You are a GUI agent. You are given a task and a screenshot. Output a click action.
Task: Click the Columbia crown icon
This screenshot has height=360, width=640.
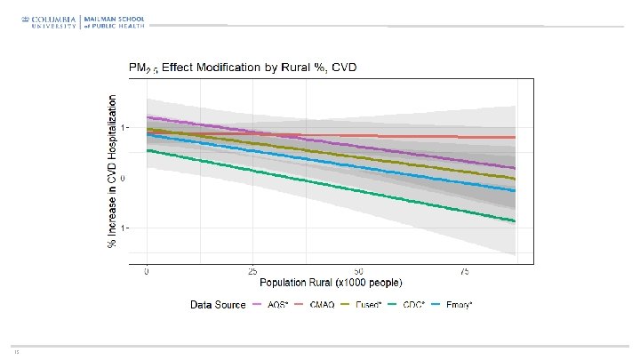click(x=28, y=18)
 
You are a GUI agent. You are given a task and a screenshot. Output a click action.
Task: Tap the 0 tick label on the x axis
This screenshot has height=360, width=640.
click(x=147, y=271)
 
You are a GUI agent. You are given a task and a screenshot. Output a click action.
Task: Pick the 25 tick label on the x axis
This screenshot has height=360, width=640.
click(x=252, y=271)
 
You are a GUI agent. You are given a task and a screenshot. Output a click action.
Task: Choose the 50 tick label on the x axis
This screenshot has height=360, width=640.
click(x=358, y=271)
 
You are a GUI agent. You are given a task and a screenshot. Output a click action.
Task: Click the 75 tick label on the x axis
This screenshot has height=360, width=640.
click(x=464, y=271)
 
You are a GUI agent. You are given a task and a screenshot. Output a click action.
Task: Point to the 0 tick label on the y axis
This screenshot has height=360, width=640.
click(x=124, y=179)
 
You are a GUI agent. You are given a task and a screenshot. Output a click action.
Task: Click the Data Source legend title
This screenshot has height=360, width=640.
click(x=218, y=305)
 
